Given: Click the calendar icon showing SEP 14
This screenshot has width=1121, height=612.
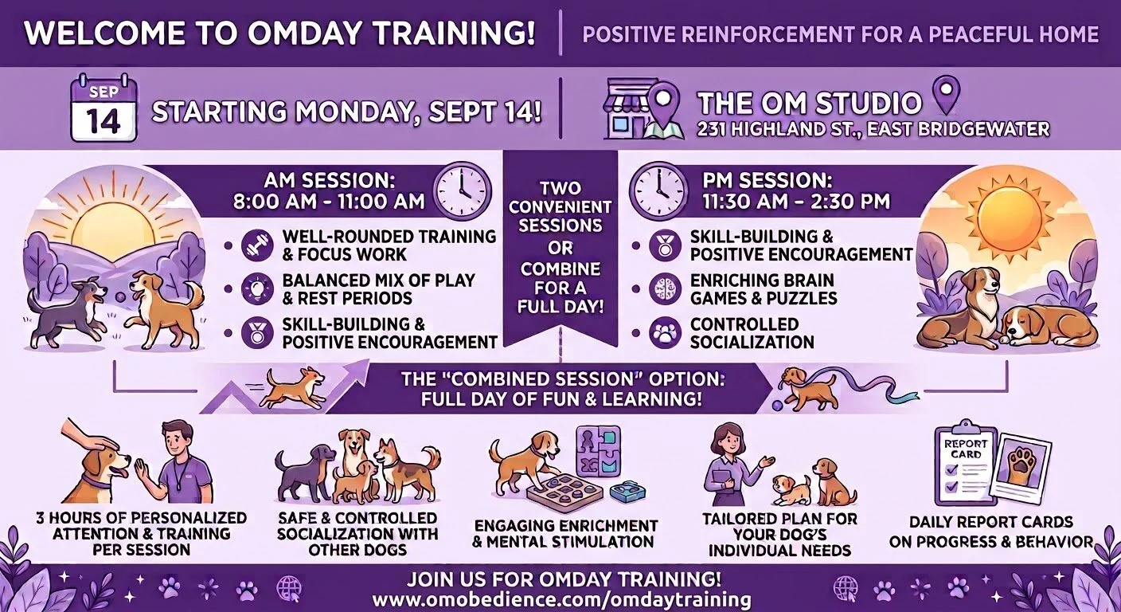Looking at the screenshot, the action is coord(104,108).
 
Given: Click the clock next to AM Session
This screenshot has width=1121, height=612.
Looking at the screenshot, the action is coord(462,190).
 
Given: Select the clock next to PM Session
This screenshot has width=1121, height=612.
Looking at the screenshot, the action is coord(658,190).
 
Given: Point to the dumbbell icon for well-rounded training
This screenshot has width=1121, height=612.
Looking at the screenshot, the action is coord(257,245).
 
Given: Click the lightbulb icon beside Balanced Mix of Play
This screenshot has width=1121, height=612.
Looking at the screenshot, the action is coord(257,289).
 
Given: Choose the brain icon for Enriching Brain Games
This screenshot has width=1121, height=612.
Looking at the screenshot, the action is coord(665,289).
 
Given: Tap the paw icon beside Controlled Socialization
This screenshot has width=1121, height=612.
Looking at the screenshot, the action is coord(665,332).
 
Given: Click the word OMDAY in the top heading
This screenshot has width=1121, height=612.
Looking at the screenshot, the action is coord(304,33).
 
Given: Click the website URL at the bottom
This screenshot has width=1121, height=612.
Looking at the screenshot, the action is coord(561,599).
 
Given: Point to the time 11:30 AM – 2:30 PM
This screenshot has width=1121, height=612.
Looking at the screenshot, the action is coord(796,202).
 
